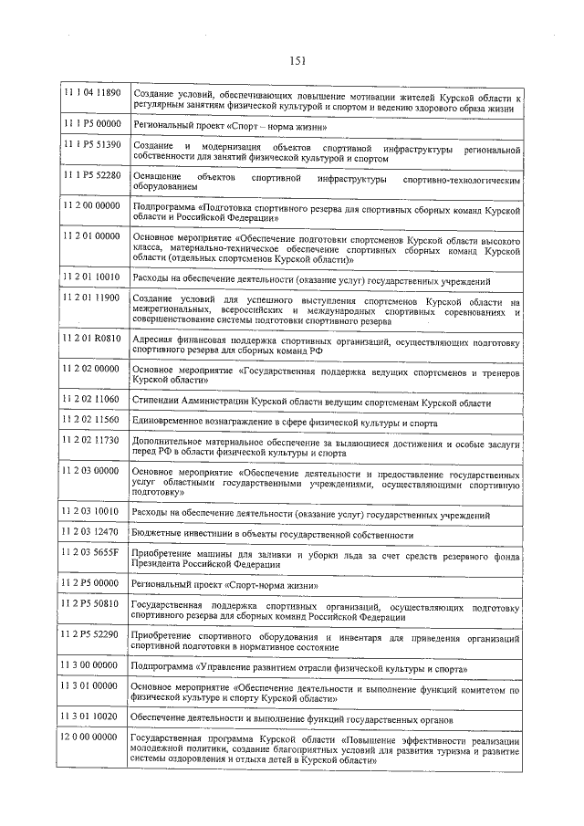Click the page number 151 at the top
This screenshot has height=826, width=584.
tap(297, 61)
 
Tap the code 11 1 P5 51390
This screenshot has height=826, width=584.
tap(90, 145)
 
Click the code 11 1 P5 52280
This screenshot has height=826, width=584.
tap(90, 174)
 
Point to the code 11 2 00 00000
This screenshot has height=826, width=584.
tap(90, 206)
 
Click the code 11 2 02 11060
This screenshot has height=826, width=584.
tap(90, 400)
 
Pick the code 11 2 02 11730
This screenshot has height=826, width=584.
tap(90, 440)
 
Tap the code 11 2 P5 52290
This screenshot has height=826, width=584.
tap(90, 634)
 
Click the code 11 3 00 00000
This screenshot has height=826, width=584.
tap(90, 665)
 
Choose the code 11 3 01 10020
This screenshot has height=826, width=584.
tap(90, 717)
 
